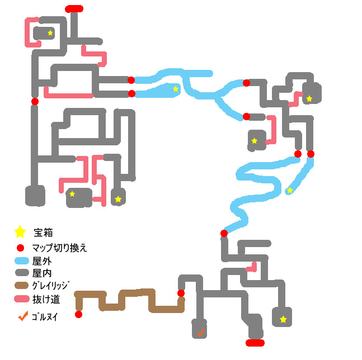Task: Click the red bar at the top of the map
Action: tap(74, 8)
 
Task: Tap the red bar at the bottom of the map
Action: tap(255, 343)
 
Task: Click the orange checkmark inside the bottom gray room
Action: tap(200, 332)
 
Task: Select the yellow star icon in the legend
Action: tap(20, 231)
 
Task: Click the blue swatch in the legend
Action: tap(21, 260)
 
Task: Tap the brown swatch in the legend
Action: tap(21, 286)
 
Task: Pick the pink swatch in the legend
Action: tap(21, 300)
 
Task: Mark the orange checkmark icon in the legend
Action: tap(22, 316)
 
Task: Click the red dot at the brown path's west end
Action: tap(78, 314)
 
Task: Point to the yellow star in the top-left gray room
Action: tap(50, 33)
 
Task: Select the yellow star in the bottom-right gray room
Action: tap(283, 319)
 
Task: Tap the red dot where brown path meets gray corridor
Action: tap(181, 293)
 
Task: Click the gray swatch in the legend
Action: tap(21, 273)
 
